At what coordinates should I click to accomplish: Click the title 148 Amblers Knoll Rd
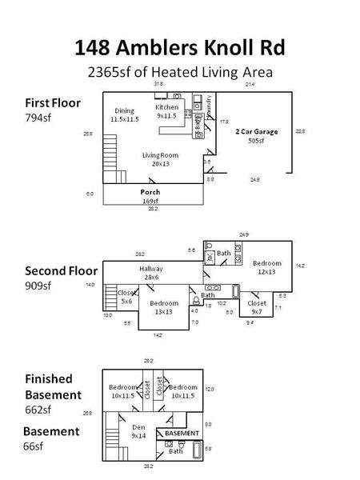coord(179,47)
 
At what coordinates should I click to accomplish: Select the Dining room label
coord(124,115)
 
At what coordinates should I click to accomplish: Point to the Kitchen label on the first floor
coord(166,111)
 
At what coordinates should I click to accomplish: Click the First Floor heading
coord(47,102)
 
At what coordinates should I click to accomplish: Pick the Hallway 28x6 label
coord(150,273)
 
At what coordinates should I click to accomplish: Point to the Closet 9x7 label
coord(257,308)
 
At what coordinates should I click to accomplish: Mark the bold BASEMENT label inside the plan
coord(181,433)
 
